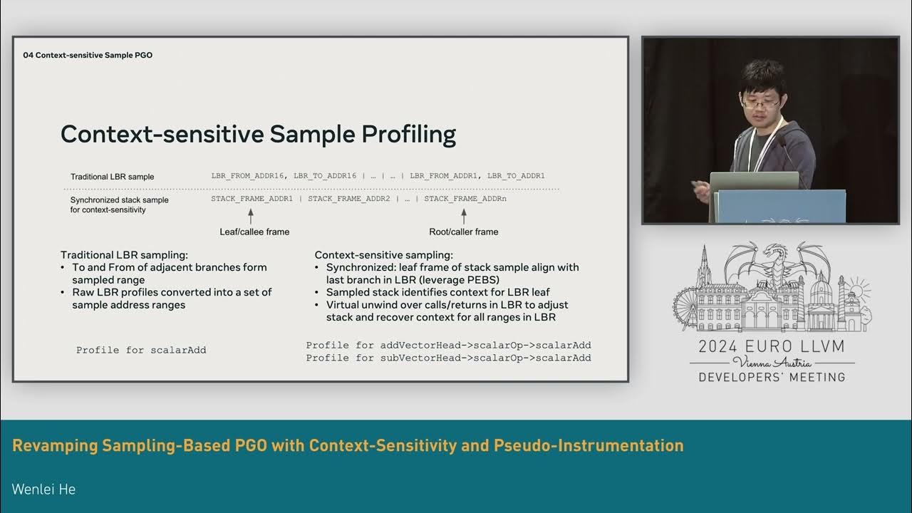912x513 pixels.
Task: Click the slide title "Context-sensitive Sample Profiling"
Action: pos(258,135)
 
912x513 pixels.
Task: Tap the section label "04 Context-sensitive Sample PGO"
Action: pos(88,55)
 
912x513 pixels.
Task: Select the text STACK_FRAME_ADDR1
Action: pos(252,199)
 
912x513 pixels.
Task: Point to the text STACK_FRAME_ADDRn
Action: pos(465,199)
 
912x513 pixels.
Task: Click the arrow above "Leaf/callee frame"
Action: pos(251,216)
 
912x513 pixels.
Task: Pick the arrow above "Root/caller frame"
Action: pos(464,216)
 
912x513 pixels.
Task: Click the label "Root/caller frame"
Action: pos(463,232)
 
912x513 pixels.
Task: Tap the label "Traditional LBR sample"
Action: pos(112,177)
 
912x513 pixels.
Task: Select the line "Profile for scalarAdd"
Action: pos(141,351)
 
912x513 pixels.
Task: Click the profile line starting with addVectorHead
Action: pos(448,346)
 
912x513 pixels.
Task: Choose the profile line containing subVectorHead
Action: pos(448,358)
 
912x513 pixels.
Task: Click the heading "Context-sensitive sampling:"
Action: pos(383,255)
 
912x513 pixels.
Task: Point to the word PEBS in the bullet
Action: pos(485,280)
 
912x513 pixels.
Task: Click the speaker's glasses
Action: pos(758,103)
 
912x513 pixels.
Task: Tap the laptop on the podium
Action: pos(753,182)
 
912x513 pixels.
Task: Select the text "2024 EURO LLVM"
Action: pos(772,347)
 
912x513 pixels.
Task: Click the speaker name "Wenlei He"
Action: pos(43,489)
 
